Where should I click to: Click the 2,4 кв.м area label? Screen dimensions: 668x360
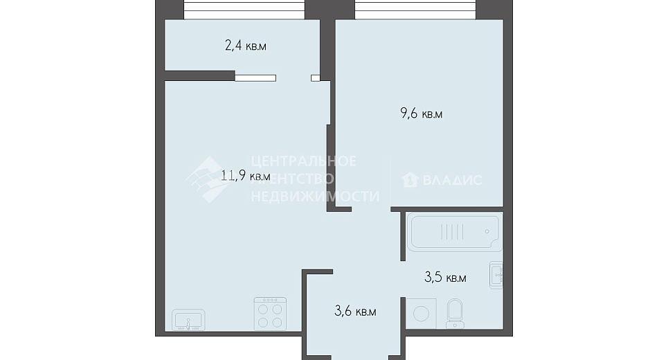(245, 46)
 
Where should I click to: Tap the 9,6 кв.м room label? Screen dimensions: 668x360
(422, 114)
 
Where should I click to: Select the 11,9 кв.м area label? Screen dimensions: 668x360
(246, 175)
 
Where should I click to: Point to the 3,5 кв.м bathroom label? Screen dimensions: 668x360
(445, 278)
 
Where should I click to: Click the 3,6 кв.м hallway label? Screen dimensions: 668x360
(355, 312)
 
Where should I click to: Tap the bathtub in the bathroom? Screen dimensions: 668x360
(453, 232)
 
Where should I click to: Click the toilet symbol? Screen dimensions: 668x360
(455, 313)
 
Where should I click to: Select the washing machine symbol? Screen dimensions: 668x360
(422, 313)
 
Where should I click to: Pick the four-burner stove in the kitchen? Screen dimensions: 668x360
(270, 314)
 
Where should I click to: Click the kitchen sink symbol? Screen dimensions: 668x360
(188, 320)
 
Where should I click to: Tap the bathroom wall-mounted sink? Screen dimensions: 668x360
(496, 276)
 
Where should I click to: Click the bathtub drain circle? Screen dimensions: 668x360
(487, 232)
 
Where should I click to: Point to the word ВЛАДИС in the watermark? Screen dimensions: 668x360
(453, 180)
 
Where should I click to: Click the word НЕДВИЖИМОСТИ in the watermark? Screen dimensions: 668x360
(315, 197)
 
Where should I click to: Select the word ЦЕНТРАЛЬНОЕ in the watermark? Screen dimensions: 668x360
(304, 161)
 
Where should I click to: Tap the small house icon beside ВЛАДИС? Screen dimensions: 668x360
(409, 180)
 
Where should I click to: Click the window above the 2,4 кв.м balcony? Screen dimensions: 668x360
(244, 10)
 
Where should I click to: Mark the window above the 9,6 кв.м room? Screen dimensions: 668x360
(415, 10)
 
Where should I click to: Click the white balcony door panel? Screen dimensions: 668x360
(255, 78)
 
